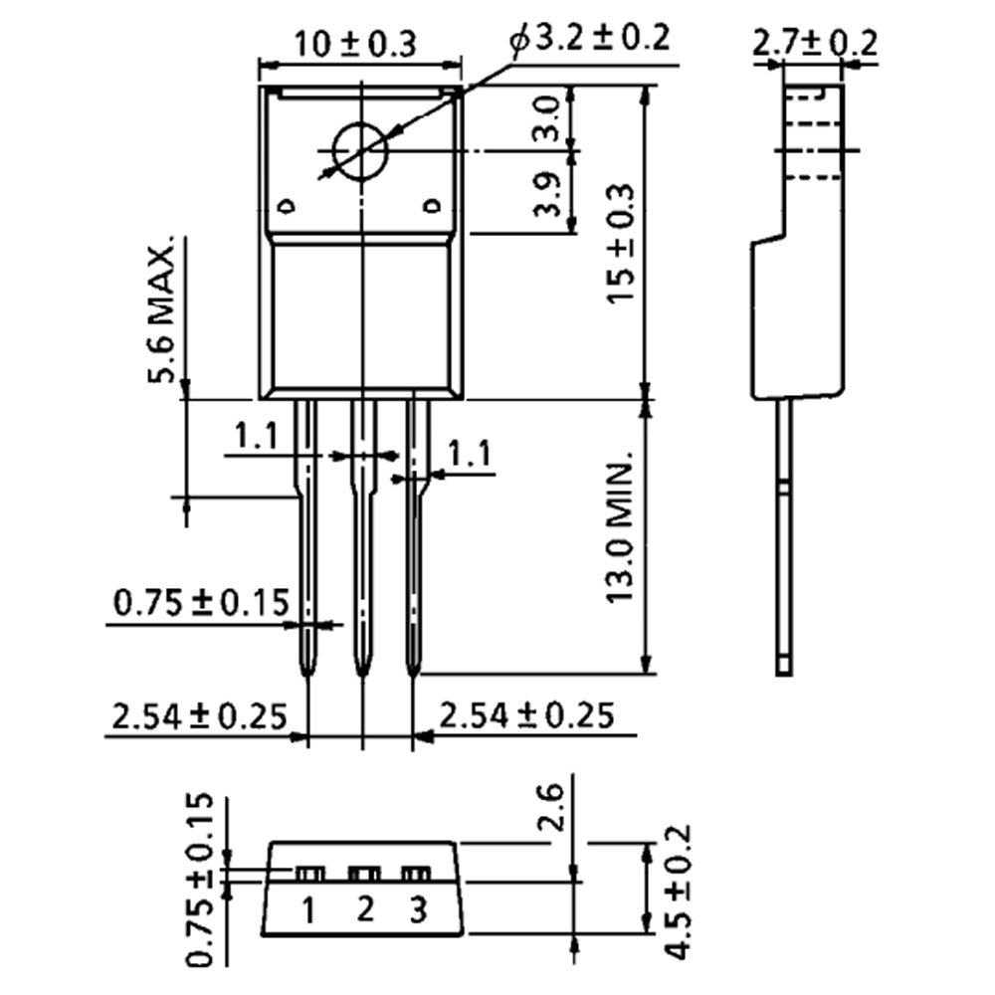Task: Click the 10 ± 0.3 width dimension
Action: pyautogui.click(x=355, y=44)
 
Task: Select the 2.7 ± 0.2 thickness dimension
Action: pyautogui.click(x=815, y=43)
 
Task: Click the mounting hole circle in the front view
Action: pyautogui.click(x=359, y=151)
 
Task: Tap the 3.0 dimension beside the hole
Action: pyautogui.click(x=546, y=119)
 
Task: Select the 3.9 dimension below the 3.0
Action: pyautogui.click(x=546, y=195)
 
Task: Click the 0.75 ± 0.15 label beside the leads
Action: pyautogui.click(x=200, y=603)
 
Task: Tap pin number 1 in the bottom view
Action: pyautogui.click(x=310, y=908)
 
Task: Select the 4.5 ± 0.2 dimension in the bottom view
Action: pyautogui.click(x=679, y=892)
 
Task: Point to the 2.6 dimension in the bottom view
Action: pyautogui.click(x=554, y=808)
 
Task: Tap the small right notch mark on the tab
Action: pyautogui.click(x=431, y=207)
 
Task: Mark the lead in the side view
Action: pyautogui.click(x=785, y=537)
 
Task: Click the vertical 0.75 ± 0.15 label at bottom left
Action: pyautogui.click(x=201, y=879)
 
